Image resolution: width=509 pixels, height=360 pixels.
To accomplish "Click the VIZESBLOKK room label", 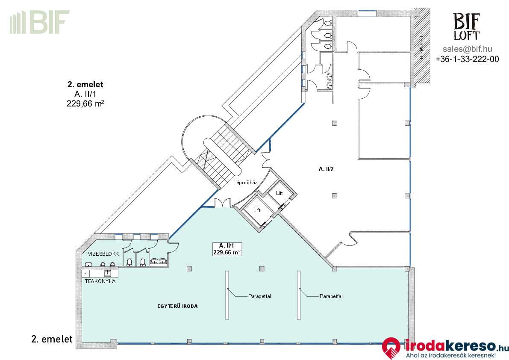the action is click(x=103, y=254).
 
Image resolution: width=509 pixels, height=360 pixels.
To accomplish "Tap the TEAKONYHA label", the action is click(x=100, y=281).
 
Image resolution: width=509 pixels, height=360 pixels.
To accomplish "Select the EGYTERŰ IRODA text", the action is click(x=177, y=306).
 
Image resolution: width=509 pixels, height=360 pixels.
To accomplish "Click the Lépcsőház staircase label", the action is click(x=245, y=183).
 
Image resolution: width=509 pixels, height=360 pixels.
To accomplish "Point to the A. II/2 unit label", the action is click(x=326, y=169).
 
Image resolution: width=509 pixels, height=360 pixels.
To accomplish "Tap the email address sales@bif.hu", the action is click(x=468, y=49).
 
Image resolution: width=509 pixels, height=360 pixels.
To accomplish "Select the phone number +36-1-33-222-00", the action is click(x=467, y=59).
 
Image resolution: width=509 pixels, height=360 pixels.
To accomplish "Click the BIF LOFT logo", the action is click(x=466, y=27).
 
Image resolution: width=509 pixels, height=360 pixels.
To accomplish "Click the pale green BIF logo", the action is click(x=40, y=22).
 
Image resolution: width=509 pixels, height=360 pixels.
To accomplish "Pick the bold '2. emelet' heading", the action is click(x=85, y=84).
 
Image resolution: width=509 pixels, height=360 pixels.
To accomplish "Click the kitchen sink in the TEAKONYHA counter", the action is click(x=107, y=273).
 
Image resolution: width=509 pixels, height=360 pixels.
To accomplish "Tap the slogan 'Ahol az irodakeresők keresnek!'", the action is click(x=451, y=355).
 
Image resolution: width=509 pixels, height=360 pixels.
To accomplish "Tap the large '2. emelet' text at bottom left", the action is click(x=52, y=339).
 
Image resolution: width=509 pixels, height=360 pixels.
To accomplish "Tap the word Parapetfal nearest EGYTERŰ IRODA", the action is click(x=260, y=296).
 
